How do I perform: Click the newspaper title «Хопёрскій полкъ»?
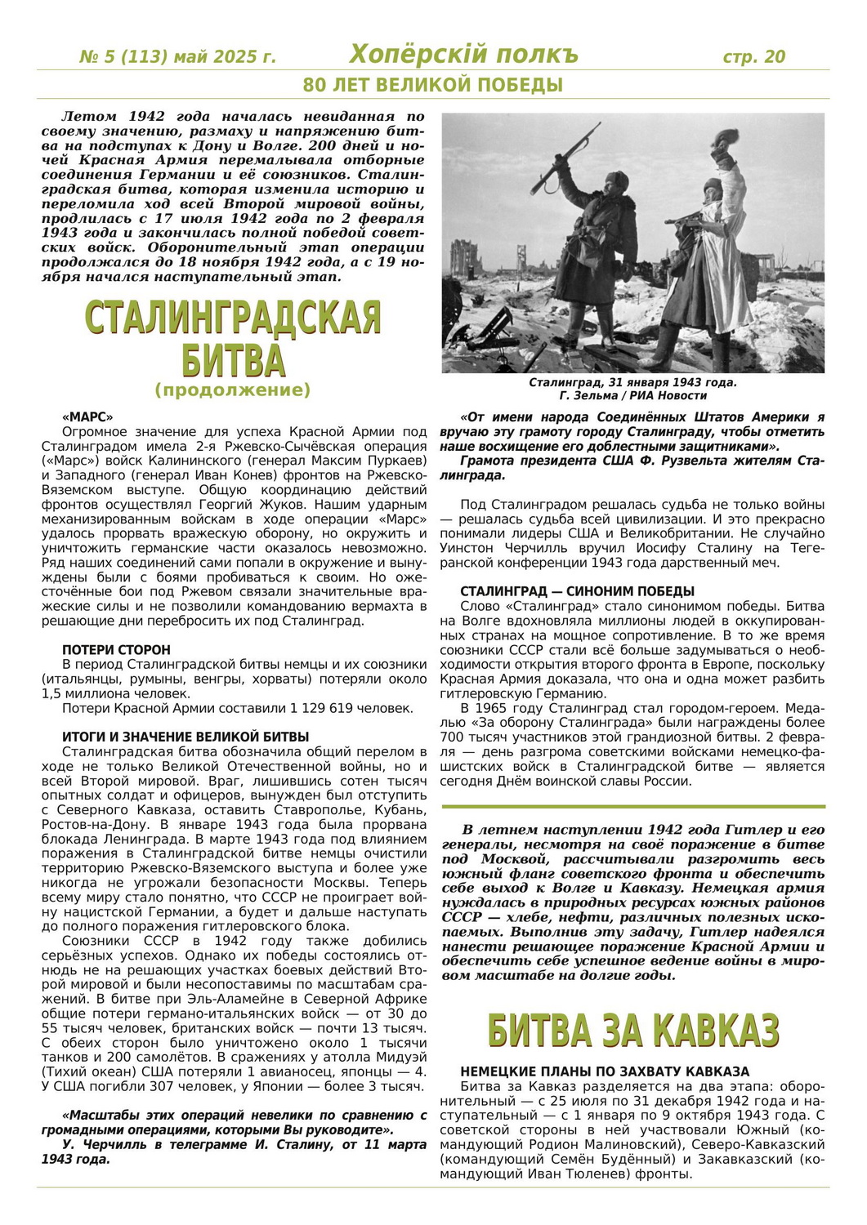[x=463, y=55]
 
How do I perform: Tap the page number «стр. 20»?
[x=753, y=56]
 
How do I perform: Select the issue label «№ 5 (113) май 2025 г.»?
[x=177, y=57]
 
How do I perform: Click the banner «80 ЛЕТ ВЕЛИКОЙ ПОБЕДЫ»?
[x=432, y=85]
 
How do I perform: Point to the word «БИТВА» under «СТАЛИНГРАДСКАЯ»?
[x=233, y=359]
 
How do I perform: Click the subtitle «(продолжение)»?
[x=233, y=390]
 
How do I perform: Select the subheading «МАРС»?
[x=87, y=416]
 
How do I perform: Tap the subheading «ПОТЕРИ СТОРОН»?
[x=116, y=650]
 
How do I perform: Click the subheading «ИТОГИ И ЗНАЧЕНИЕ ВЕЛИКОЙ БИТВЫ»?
[x=185, y=737]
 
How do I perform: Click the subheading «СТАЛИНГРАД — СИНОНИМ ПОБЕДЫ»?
[x=577, y=591]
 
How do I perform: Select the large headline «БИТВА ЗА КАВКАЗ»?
[x=632, y=1031]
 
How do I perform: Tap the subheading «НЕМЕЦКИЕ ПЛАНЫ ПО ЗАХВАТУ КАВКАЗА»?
[x=605, y=1071]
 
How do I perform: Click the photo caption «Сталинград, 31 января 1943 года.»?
[x=632, y=382]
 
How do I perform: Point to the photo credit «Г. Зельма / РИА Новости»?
[x=632, y=395]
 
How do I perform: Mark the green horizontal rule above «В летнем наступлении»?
[x=632, y=807]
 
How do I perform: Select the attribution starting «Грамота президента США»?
[x=632, y=468]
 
